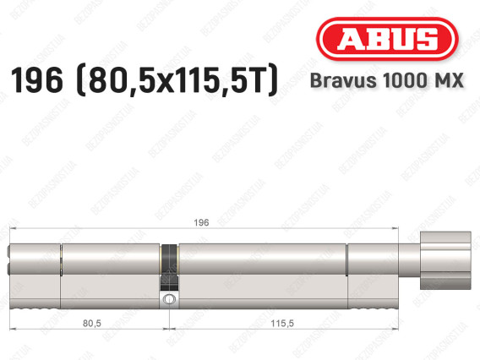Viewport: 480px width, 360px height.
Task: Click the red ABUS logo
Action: tap(387, 39)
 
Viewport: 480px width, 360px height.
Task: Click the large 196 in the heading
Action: tap(37, 80)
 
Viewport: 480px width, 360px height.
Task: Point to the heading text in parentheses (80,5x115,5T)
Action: tap(178, 81)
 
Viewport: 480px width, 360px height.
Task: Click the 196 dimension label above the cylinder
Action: tap(201, 222)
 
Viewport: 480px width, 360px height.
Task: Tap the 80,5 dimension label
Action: tap(92, 323)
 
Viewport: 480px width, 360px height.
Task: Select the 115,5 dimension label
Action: tap(282, 323)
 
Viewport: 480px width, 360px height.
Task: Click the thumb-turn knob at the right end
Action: tap(445, 260)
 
